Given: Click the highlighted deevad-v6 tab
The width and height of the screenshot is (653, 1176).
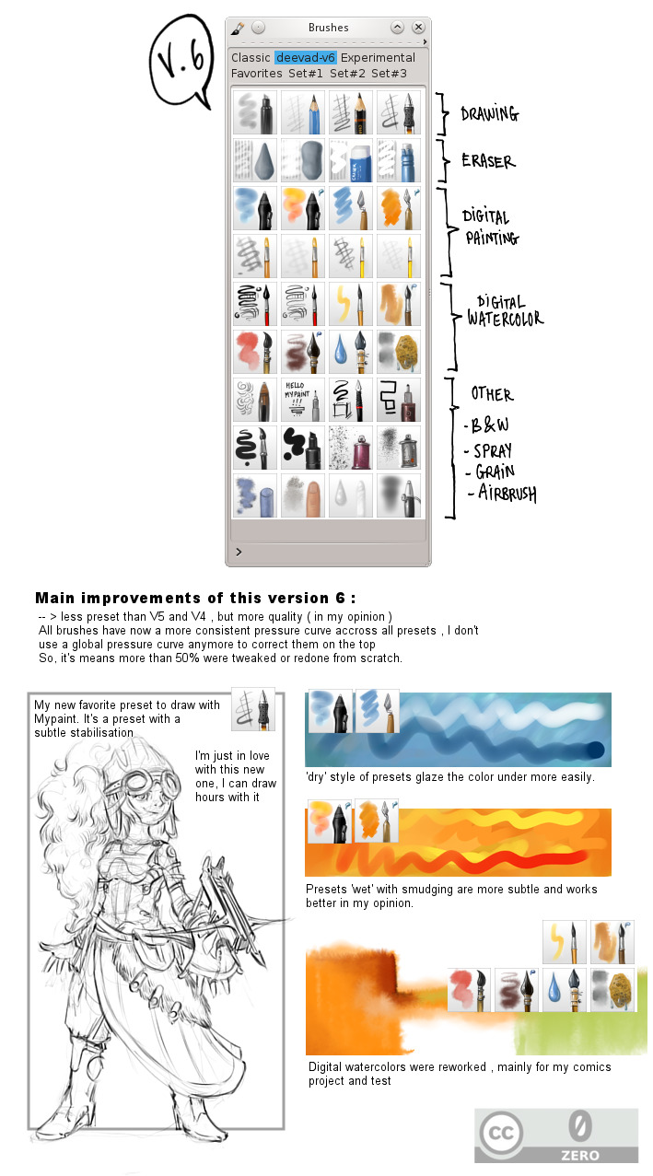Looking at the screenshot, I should click(306, 57).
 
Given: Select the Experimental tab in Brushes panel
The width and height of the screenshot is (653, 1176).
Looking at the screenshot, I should click(378, 57).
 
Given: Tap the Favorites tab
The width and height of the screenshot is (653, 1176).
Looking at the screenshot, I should click(257, 73).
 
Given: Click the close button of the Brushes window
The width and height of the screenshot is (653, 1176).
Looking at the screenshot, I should click(418, 28).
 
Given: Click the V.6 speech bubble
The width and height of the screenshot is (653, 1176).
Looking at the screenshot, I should click(181, 60).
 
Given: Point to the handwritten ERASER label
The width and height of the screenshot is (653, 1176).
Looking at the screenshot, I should click(488, 161).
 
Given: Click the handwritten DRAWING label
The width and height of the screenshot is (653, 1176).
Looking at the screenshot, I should click(490, 114).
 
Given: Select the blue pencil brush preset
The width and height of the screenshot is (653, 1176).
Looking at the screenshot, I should click(305, 112).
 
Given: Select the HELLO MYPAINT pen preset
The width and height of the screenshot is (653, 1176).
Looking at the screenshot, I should click(305, 400).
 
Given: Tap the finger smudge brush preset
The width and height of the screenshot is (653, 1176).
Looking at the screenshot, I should click(305, 495).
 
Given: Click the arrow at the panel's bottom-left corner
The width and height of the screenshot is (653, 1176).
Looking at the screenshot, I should click(239, 552).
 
